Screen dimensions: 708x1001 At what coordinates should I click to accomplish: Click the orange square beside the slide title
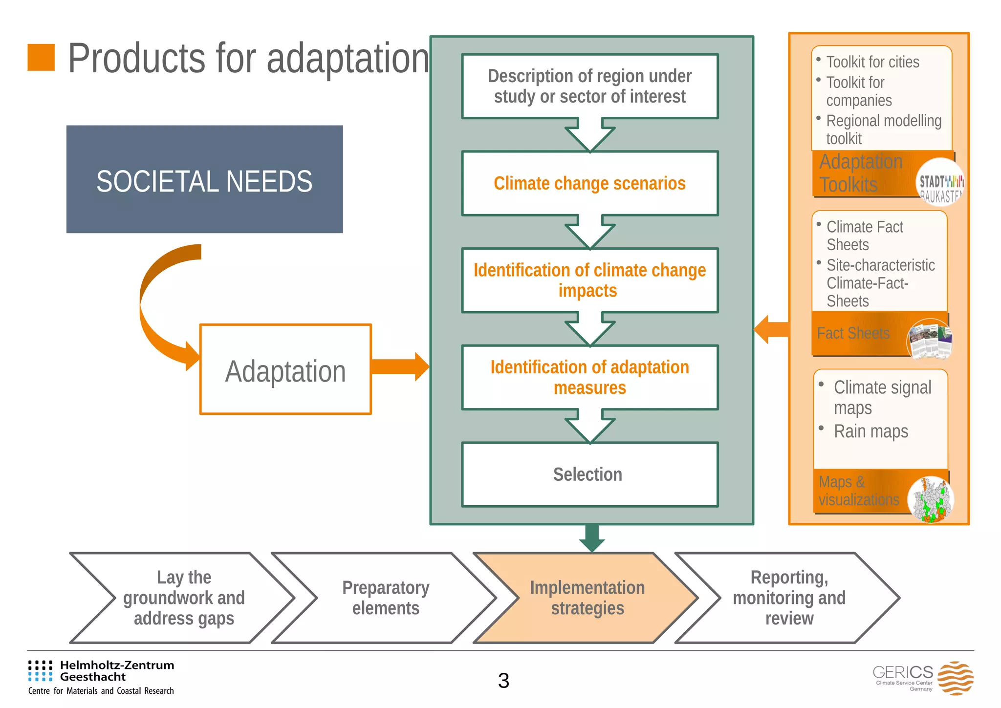[x=41, y=58]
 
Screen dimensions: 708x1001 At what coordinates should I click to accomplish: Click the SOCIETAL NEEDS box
[x=204, y=179]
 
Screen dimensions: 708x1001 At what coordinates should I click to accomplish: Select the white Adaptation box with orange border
[x=285, y=369]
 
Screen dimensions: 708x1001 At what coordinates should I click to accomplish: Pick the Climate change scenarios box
[x=589, y=184]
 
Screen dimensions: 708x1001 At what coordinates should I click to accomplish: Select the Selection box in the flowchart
[x=589, y=474]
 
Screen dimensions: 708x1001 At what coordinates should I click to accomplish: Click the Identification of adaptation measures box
[x=589, y=377]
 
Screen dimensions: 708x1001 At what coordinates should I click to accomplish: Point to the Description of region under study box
[x=589, y=86]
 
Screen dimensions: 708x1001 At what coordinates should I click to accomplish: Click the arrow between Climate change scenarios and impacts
[x=589, y=233]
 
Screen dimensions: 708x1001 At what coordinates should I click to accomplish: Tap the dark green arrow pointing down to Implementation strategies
[x=592, y=537]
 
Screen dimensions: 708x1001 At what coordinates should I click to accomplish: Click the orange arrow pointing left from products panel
[x=771, y=329]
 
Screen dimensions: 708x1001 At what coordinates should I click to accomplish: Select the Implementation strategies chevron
[x=587, y=598]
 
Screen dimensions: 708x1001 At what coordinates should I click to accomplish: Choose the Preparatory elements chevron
[x=385, y=598]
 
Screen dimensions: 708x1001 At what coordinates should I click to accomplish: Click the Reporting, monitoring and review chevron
[x=788, y=598]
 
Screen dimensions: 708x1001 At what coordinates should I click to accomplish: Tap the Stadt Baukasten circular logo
[x=939, y=182]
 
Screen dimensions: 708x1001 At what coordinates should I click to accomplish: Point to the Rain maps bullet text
[x=870, y=431]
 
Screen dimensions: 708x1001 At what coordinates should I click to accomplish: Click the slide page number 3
[x=503, y=681]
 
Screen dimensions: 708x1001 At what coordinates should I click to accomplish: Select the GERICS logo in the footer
[x=923, y=678]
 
